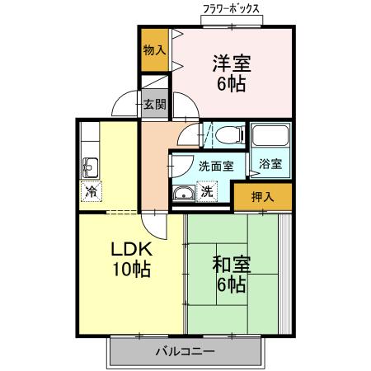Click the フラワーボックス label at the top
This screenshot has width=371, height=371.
pos(231,9)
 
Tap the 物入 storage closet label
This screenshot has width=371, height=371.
pos(155,50)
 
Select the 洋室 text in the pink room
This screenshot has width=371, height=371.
pos(232,63)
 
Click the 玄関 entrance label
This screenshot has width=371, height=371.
pos(155,105)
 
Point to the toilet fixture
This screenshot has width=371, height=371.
pos(230,134)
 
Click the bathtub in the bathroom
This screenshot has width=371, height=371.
pos(270,135)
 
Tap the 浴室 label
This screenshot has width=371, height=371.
pos(270,164)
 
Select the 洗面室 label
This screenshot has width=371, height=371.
pos(216,166)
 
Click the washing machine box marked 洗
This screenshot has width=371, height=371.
pos(207,191)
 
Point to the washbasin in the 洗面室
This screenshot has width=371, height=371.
pos(183,194)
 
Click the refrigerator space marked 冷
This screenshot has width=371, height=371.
pos(91,191)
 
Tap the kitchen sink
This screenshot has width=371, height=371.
pos(90,168)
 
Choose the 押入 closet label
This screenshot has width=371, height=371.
pos(263,196)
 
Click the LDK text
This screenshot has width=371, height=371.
pos(131,249)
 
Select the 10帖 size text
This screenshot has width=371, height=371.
pos(131,269)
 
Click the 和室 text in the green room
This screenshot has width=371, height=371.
pos(232,265)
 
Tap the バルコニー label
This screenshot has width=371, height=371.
pos(185,351)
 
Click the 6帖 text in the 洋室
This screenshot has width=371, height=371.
pos(232,84)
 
